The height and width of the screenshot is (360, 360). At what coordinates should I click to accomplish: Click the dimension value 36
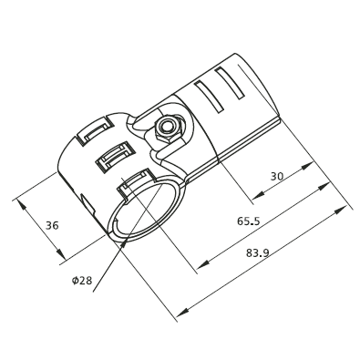(x=52, y=225)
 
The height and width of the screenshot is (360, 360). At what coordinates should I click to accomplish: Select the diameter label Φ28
(x=82, y=280)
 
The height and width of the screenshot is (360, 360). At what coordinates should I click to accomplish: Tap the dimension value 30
(x=277, y=176)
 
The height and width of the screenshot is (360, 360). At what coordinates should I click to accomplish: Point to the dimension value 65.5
(x=248, y=221)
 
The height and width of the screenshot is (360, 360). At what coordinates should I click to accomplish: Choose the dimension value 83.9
(x=257, y=252)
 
